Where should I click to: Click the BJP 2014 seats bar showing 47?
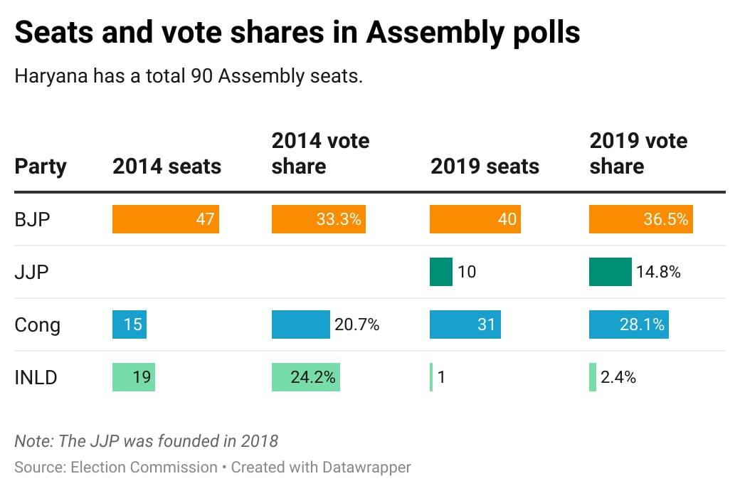(165, 220)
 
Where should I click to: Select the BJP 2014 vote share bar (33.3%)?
(318, 220)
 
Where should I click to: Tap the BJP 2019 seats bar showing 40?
(475, 220)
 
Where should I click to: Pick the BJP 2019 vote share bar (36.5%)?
(640, 220)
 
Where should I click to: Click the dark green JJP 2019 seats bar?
(440, 272)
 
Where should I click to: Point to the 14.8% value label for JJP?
(658, 272)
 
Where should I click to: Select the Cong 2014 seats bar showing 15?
(129, 324)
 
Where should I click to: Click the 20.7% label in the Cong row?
(356, 324)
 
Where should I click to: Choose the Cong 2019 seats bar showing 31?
(465, 324)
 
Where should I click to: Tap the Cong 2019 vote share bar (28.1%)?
(628, 324)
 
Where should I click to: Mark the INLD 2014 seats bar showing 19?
(133, 377)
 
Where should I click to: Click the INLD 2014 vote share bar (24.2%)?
(305, 377)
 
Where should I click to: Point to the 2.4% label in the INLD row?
(618, 377)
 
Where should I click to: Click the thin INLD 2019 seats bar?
(431, 377)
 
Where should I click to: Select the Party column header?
(41, 167)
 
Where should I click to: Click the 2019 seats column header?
(485, 167)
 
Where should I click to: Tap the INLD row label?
(36, 377)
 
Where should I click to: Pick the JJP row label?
(31, 272)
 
